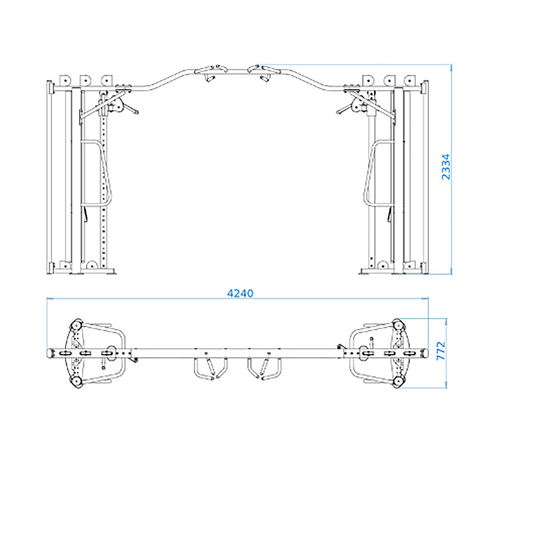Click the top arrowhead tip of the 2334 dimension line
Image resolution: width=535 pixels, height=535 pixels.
(x=451, y=65)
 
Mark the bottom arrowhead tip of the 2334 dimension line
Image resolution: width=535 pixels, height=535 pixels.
(x=451, y=275)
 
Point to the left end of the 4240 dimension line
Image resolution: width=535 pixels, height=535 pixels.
(x=47, y=299)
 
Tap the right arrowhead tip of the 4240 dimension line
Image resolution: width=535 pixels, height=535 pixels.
(x=428, y=299)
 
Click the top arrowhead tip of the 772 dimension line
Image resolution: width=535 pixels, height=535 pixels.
(x=446, y=318)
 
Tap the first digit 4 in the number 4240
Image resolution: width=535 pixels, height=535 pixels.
(x=230, y=293)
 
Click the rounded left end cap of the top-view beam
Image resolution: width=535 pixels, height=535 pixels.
(x=50, y=353)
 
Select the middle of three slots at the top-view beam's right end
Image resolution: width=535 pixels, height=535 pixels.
(x=389, y=353)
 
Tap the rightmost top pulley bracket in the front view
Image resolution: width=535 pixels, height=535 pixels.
(x=409, y=80)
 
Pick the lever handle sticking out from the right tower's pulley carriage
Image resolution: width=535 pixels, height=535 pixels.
(x=344, y=109)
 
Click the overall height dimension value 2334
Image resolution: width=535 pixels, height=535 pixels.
(x=446, y=167)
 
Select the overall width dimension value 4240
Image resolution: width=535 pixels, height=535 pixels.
(x=240, y=293)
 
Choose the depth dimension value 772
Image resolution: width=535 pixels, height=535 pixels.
(x=441, y=351)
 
